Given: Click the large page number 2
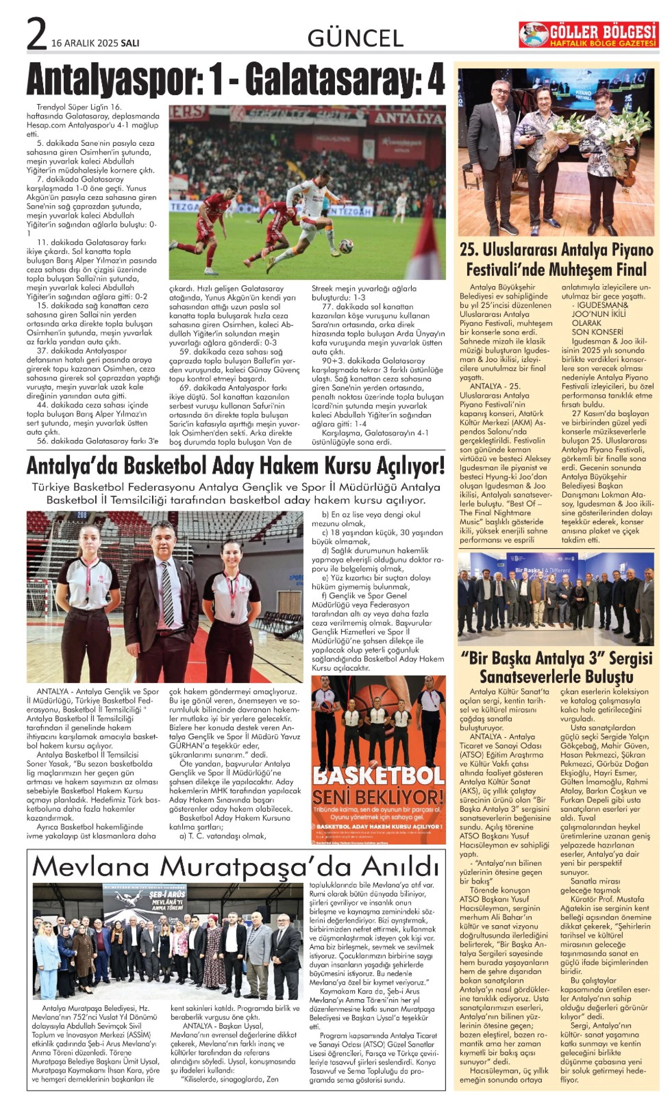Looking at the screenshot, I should [x=36, y=34].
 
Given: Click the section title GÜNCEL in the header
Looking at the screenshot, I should [x=355, y=39].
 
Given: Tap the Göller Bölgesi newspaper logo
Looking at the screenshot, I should [x=587, y=35].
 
